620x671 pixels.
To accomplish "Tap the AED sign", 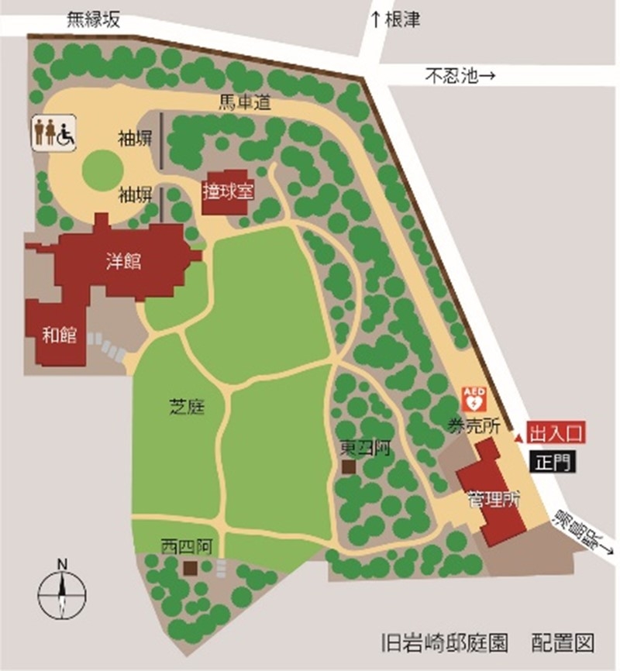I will tap(474, 399).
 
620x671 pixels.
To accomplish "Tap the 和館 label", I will tap(60, 335).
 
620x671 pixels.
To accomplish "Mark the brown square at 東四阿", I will tap(348, 467).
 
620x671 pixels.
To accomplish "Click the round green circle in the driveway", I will tap(102, 169).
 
